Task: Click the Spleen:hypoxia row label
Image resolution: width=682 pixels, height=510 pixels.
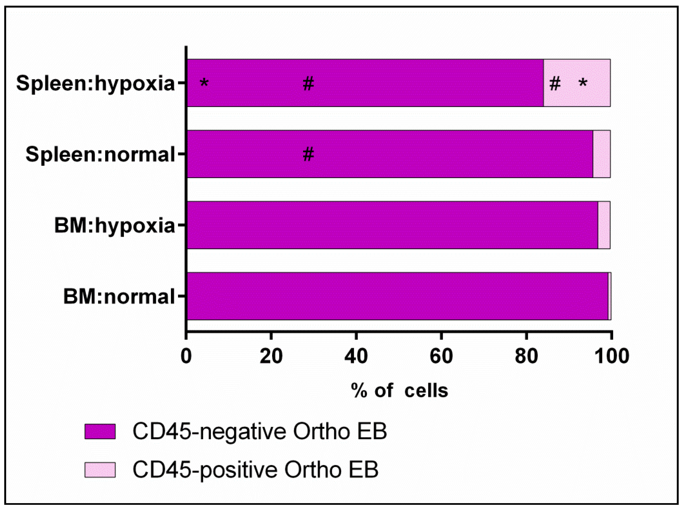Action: tap(95, 83)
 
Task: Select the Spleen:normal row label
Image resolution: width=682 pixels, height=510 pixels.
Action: tap(100, 154)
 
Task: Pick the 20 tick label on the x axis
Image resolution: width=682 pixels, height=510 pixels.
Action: tap(271, 356)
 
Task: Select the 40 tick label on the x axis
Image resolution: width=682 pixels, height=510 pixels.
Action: tap(356, 356)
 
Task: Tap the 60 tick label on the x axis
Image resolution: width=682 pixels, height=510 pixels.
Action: tap(441, 356)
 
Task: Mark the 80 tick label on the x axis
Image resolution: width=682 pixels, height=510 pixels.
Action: tap(526, 356)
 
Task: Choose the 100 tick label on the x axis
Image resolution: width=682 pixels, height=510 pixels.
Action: tap(611, 356)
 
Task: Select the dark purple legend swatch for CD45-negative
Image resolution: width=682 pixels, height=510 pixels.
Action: tap(100, 431)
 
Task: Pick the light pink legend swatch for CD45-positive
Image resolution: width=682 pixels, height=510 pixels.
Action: tap(100, 470)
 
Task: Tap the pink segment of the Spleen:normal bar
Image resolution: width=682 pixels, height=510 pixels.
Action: tap(602, 154)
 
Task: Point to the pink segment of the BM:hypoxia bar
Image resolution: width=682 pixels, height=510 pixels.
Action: tap(604, 225)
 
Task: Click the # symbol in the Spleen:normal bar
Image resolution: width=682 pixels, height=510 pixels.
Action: tap(308, 154)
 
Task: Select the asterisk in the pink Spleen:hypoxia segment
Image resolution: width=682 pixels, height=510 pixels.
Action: tap(583, 83)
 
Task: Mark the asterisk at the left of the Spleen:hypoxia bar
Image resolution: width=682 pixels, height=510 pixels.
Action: tap(204, 83)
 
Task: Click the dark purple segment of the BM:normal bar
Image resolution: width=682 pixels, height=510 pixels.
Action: tap(398, 296)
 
